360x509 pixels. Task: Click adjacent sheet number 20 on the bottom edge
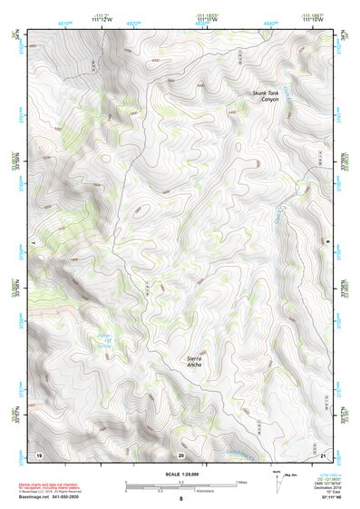click(181, 454)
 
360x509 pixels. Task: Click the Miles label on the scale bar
click(240, 482)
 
